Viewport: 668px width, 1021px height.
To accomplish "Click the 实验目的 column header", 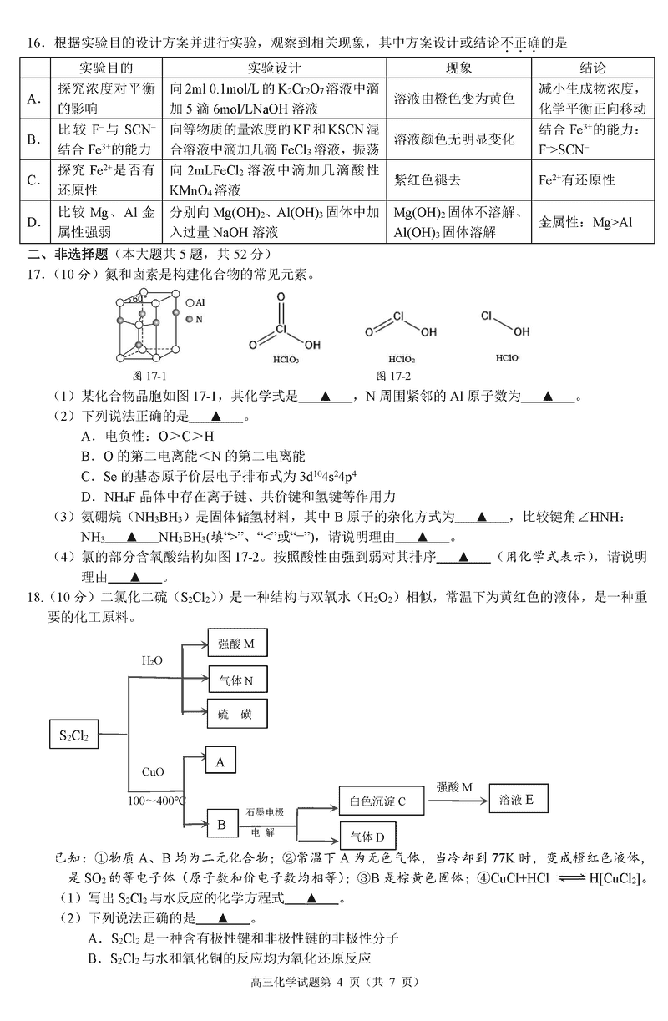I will point(108,68).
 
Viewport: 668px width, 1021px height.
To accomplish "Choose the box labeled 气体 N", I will point(236,680).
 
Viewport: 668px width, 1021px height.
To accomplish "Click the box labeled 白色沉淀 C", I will point(378,801).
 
